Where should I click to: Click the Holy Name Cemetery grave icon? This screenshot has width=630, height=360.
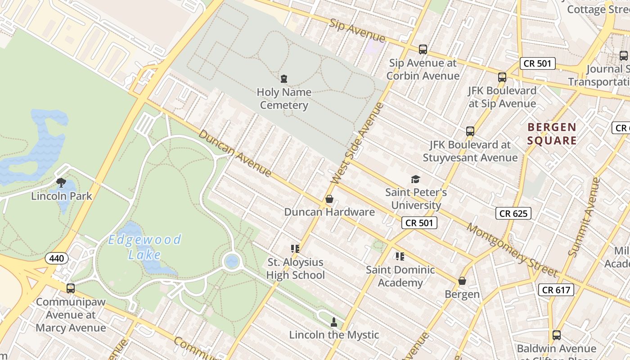point(283,79)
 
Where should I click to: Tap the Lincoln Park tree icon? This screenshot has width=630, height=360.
point(61,182)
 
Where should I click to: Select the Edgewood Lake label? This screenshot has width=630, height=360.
point(144,247)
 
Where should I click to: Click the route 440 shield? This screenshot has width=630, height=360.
point(57,258)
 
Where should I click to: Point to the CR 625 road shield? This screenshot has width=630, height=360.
point(513,213)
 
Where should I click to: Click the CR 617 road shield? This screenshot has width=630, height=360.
point(556,290)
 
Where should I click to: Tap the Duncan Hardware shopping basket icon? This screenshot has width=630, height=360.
point(329,199)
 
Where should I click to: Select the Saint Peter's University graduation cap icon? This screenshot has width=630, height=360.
point(415,180)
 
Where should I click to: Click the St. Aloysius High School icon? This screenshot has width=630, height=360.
point(295,249)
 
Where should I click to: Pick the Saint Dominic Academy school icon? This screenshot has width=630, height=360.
point(400,256)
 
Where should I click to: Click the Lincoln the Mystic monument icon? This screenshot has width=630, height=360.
point(333,322)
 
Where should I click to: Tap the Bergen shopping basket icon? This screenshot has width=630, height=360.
point(462,281)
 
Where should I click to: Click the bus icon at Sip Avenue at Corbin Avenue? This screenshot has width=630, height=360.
point(423,49)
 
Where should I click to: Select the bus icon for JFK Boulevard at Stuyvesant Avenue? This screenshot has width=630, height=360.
point(470,131)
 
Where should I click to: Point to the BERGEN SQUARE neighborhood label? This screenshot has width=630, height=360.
point(552,134)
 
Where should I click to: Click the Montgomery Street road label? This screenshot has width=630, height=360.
point(512,250)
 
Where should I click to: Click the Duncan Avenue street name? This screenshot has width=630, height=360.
point(235,153)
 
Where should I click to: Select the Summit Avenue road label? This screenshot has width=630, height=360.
point(584,217)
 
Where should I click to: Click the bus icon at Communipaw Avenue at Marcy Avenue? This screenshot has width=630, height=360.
point(71,288)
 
